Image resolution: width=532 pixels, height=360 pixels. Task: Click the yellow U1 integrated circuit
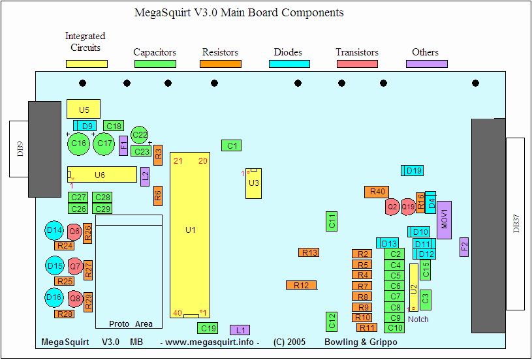pos(190,230)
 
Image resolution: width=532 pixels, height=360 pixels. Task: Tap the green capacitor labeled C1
pos(231,145)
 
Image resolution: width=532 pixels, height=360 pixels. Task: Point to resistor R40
pos(377,192)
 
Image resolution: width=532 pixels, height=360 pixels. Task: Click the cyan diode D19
pos(413,171)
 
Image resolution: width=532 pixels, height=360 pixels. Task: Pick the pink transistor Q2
pos(392,207)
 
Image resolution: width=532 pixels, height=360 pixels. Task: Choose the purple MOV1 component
pos(445,220)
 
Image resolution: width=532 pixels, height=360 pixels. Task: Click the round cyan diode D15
pos(55,266)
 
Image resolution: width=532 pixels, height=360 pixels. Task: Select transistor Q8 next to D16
pos(75,298)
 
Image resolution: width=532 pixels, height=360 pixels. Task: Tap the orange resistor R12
pos(301,285)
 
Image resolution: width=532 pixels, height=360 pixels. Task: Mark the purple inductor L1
pos(240,330)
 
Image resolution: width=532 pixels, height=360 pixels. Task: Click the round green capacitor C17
pos(103,143)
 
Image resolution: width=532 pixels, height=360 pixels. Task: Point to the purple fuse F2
pos(465,246)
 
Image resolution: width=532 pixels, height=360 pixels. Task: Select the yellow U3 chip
pos(254,183)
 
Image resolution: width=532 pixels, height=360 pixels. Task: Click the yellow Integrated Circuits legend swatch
pos(86,64)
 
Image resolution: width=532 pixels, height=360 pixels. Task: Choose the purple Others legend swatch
pos(426,64)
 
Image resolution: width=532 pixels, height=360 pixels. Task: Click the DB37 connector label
pos(516,223)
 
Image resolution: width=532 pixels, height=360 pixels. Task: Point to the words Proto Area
pos(131,324)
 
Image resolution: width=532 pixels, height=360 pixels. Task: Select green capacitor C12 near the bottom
pos(332,321)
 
